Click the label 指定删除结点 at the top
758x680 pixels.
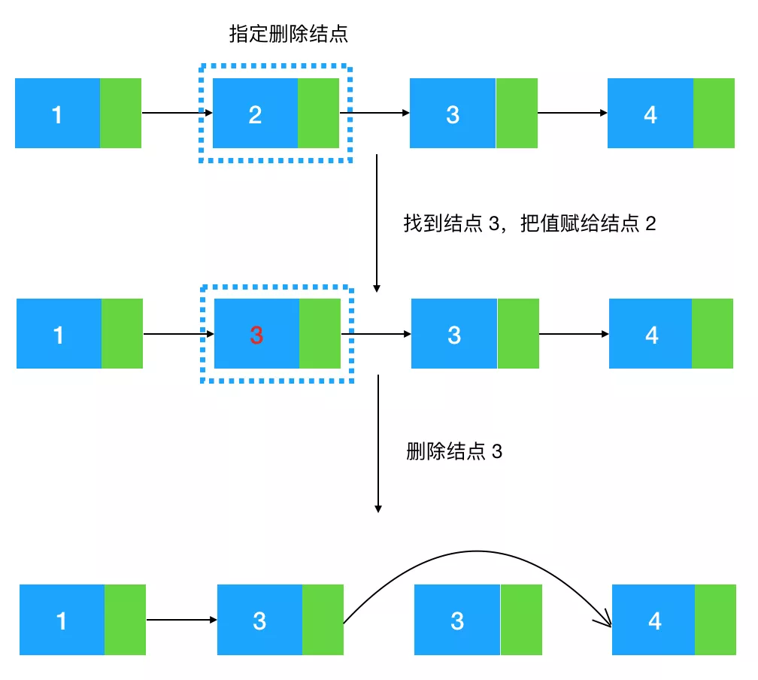tap(289, 34)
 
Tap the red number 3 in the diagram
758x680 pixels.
tap(256, 335)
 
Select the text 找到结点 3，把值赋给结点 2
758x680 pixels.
tap(529, 224)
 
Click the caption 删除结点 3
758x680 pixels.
tap(453, 451)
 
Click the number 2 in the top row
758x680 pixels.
tap(255, 114)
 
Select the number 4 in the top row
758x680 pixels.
tap(650, 114)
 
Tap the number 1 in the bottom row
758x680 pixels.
tap(62, 621)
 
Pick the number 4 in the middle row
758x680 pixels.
tap(651, 335)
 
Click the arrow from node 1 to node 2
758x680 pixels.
tap(173, 114)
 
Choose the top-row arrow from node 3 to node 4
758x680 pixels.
tap(572, 114)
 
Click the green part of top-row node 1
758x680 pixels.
tap(120, 113)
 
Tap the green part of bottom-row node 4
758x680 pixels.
tap(715, 619)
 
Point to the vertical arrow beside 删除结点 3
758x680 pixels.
tap(378, 444)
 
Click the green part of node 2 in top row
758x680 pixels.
tap(319, 113)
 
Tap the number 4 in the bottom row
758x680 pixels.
tap(654, 621)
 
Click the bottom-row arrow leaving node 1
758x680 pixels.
tap(180, 620)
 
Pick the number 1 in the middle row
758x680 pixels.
tap(59, 335)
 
